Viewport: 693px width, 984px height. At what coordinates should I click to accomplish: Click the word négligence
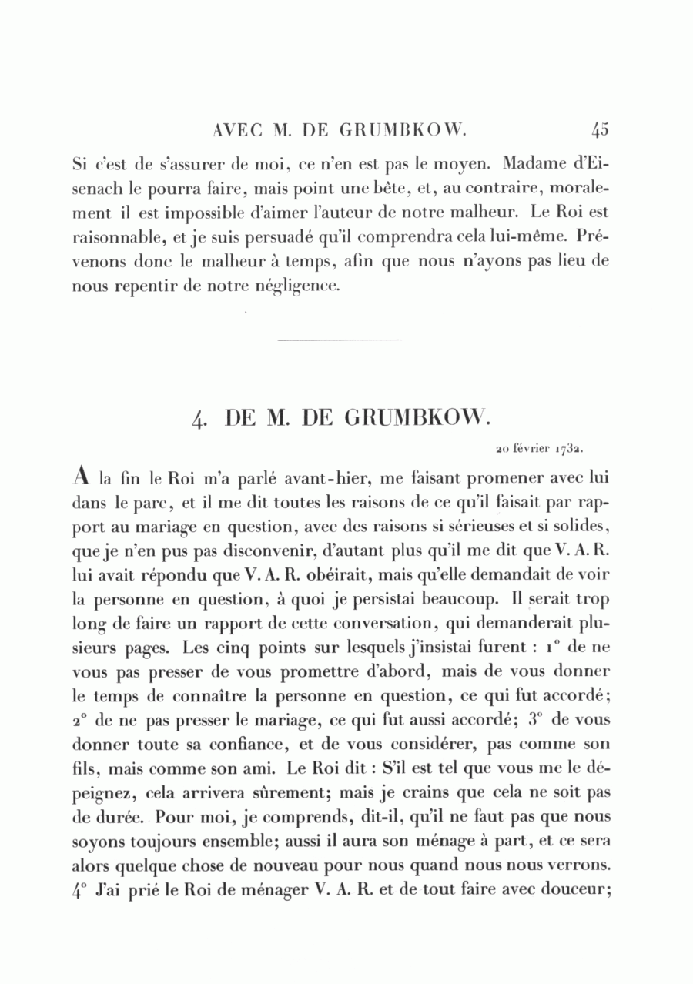[299, 286]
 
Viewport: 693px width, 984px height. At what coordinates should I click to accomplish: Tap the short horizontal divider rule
[339, 339]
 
